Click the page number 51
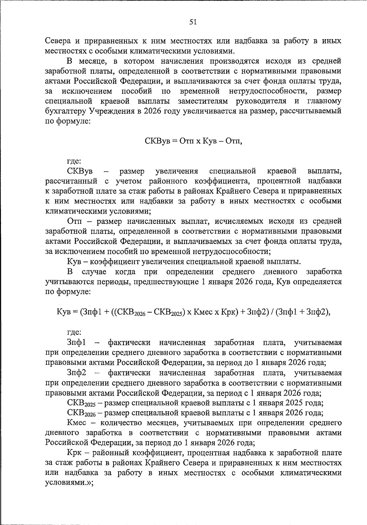[193, 22]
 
